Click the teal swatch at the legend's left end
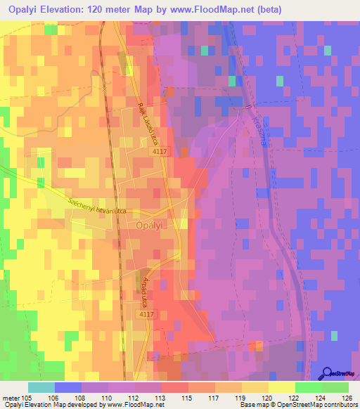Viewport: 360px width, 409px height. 41,387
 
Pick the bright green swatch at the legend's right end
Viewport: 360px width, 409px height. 335,387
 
